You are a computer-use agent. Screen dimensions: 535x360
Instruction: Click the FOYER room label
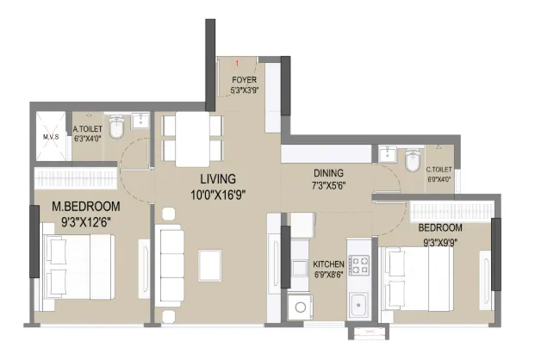(x=244, y=80)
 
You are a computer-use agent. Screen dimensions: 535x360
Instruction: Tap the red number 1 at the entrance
(x=237, y=63)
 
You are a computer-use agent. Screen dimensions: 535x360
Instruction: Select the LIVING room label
(x=218, y=179)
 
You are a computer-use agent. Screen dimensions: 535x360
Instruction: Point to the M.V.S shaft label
(x=51, y=137)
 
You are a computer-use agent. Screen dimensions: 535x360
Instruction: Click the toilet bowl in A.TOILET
(x=116, y=127)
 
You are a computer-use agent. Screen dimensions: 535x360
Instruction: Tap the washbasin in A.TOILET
(x=140, y=121)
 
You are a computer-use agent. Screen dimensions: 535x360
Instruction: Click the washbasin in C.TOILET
(x=388, y=154)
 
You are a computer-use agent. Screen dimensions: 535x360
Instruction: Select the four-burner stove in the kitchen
(x=358, y=265)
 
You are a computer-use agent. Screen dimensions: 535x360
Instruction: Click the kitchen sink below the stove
(x=358, y=304)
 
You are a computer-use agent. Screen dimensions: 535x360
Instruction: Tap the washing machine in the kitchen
(x=300, y=307)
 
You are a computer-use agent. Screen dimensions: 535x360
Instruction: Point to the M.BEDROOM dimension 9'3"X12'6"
(x=86, y=222)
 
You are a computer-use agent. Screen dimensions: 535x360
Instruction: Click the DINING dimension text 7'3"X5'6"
(x=328, y=186)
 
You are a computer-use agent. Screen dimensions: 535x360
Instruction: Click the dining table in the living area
(x=192, y=140)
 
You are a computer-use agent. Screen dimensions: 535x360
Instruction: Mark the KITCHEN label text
(x=328, y=264)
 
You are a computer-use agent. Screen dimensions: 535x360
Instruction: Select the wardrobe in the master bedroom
(x=76, y=177)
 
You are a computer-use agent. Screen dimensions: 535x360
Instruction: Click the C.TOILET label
(x=439, y=170)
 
